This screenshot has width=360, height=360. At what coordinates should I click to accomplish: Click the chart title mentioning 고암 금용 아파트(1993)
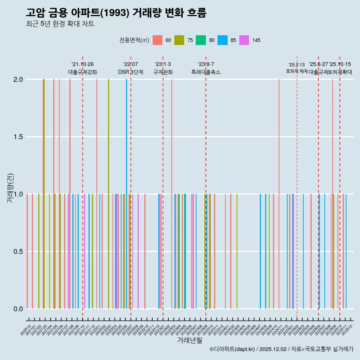tap(116, 12)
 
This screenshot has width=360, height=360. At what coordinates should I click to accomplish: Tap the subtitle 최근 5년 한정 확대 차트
tap(60, 24)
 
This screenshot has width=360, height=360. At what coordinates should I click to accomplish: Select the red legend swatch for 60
tap(157, 40)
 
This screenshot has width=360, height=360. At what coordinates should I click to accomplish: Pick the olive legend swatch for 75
tap(179, 40)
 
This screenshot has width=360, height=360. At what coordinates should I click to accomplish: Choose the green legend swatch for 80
tap(201, 40)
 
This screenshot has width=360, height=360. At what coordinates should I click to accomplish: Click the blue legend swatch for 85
tap(223, 40)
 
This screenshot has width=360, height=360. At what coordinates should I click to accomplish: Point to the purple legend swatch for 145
tap(244, 40)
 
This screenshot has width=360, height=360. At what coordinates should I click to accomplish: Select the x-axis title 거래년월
tap(189, 340)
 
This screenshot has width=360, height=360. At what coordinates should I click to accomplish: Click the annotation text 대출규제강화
tap(82, 72)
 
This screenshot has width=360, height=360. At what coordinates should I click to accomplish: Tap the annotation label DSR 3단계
tap(130, 72)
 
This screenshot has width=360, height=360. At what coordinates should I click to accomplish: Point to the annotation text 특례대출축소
tap(205, 72)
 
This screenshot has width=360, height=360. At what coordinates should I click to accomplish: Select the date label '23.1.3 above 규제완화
tap(163, 64)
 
